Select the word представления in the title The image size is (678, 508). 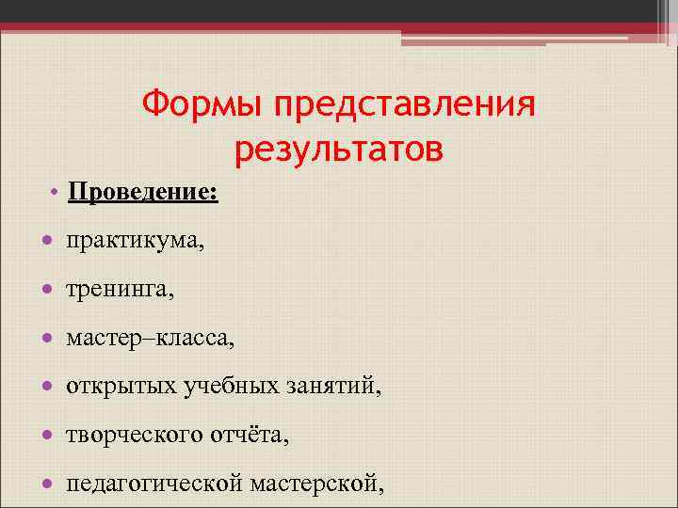405,104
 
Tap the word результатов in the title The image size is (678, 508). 338,148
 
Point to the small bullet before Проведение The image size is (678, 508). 56,193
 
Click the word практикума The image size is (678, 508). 133,242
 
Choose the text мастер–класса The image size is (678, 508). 151,338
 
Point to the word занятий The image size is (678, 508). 326,386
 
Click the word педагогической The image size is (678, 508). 154,484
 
